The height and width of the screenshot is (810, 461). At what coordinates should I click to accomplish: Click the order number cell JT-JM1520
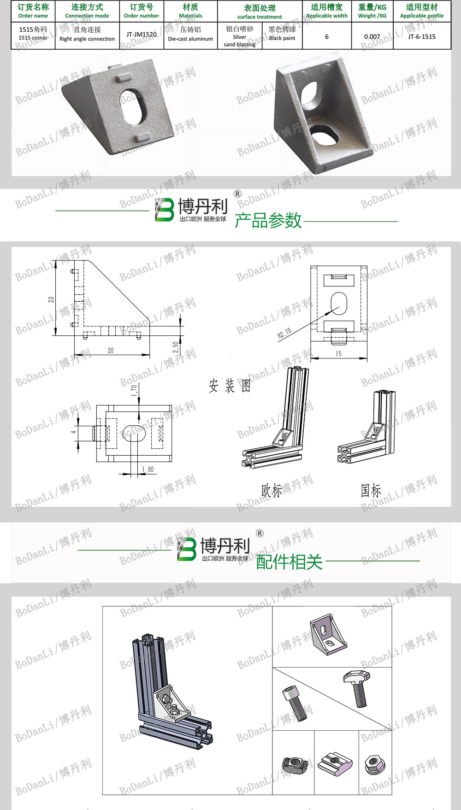tap(142, 35)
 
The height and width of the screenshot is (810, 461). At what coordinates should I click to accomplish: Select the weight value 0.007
tap(372, 36)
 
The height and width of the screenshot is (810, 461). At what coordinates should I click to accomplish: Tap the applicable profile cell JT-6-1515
tap(422, 36)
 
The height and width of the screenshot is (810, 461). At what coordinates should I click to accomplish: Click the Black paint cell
tap(282, 34)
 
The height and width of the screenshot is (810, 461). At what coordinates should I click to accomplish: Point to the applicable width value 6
tap(327, 36)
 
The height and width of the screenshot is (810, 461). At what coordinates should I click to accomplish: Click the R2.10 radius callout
tap(284, 333)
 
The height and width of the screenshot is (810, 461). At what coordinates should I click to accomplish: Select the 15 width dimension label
tap(339, 353)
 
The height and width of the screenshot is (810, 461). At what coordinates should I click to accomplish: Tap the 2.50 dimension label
tap(176, 347)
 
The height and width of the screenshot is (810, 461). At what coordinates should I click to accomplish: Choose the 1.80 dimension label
tap(148, 470)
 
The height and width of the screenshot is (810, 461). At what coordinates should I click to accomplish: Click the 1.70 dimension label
tap(134, 390)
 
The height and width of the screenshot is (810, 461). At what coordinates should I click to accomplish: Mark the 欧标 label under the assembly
tap(272, 491)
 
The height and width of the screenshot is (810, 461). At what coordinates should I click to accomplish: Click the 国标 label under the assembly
tap(371, 490)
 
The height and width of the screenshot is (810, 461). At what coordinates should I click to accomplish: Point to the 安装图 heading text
tap(230, 386)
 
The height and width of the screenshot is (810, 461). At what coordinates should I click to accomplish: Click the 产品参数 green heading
tap(268, 220)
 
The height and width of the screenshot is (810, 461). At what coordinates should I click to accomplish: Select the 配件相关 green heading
tap(289, 562)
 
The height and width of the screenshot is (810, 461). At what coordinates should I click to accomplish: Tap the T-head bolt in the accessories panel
tap(357, 686)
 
